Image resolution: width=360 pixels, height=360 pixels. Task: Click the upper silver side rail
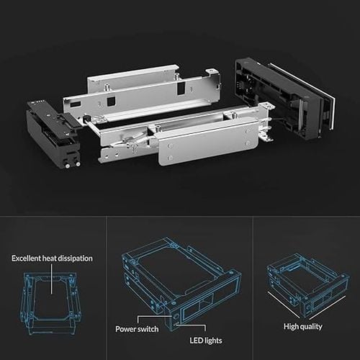point(137,90)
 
